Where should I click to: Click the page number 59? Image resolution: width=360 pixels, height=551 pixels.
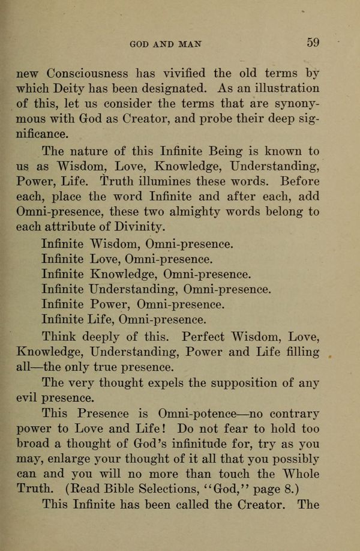(312, 43)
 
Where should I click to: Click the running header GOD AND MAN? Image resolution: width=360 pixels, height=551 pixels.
(165, 44)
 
